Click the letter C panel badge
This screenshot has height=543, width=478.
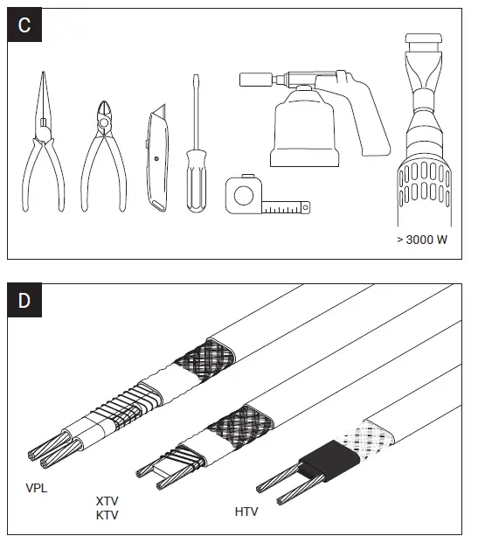24,24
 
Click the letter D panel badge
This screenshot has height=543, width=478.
24,301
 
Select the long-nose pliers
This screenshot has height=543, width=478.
42,149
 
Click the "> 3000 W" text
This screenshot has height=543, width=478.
422,240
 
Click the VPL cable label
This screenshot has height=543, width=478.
36,488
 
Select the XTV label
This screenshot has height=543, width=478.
107,502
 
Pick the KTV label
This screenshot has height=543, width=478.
107,515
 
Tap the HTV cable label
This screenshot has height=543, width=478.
246,510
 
